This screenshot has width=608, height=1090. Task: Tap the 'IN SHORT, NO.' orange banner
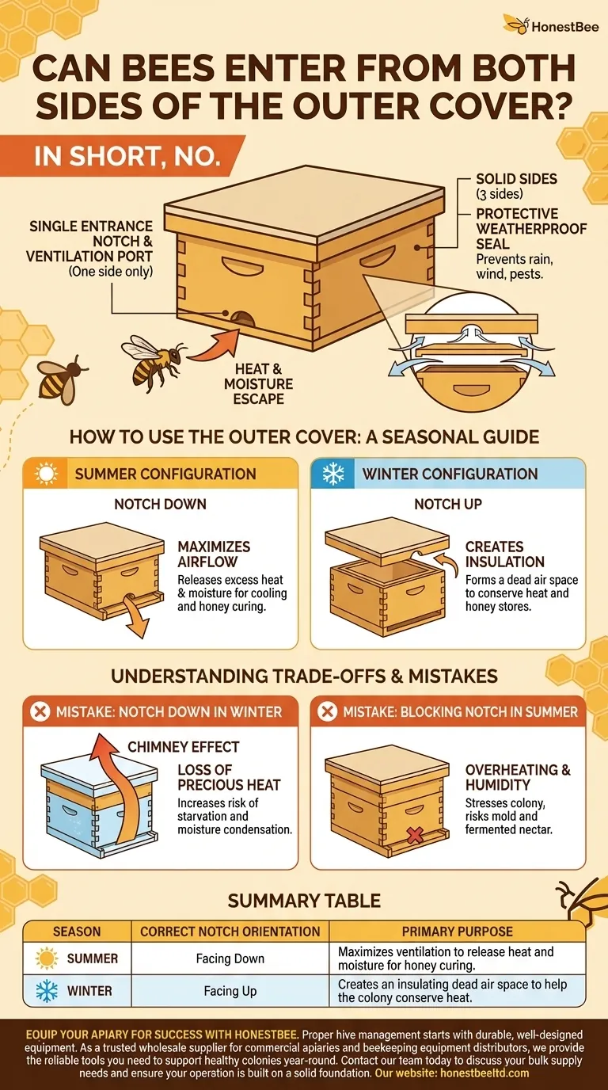(x=127, y=156)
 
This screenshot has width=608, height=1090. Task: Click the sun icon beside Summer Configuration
(x=47, y=474)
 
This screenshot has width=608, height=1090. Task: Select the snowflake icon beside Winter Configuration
(x=333, y=474)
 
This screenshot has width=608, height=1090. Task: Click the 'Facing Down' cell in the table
(x=230, y=959)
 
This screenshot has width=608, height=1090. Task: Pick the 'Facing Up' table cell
(x=230, y=991)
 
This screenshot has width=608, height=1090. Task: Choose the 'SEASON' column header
(x=76, y=931)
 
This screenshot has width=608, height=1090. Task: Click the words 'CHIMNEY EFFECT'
(x=183, y=746)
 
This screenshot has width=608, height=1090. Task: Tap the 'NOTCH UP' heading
(x=448, y=504)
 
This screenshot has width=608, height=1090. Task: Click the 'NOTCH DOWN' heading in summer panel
(x=161, y=504)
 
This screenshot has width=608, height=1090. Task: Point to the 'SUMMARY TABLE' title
(x=304, y=900)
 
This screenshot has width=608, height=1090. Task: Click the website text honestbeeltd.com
(x=478, y=1073)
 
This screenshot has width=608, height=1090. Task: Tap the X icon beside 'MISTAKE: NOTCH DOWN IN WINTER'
(x=39, y=711)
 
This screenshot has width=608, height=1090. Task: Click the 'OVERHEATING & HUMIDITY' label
(x=518, y=777)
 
